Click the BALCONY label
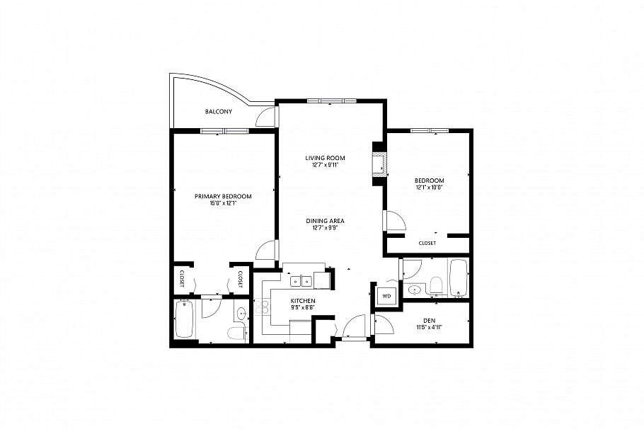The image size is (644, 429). (219, 112)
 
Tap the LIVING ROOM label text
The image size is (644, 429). (325, 157)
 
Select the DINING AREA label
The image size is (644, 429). (325, 220)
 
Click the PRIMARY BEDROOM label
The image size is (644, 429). (223, 196)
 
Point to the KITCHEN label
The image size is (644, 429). (302, 301)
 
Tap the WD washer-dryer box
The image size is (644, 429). (386, 295)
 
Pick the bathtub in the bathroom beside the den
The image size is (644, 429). (459, 278)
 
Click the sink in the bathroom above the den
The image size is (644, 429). (415, 290)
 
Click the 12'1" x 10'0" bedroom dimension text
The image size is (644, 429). (429, 188)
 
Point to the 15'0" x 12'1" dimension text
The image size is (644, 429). (223, 204)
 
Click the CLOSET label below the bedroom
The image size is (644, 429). (427, 243)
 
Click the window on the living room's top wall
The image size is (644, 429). (331, 101)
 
